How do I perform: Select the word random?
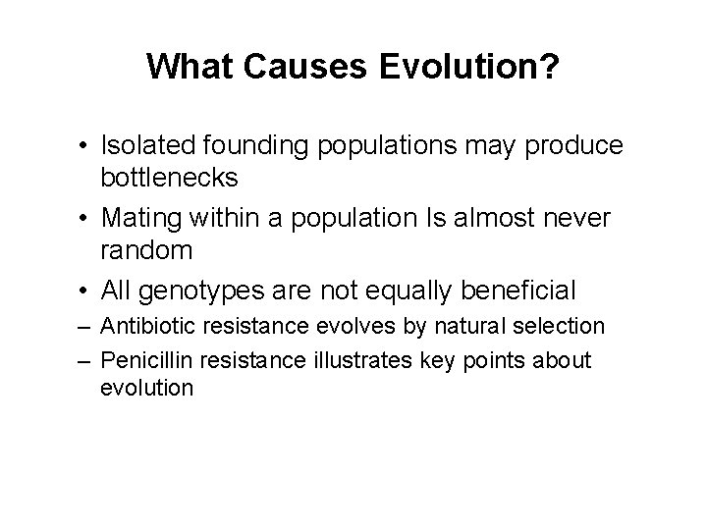point(146,250)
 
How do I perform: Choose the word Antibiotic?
point(146,325)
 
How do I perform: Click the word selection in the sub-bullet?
point(562,325)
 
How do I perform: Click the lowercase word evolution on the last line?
point(146,388)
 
